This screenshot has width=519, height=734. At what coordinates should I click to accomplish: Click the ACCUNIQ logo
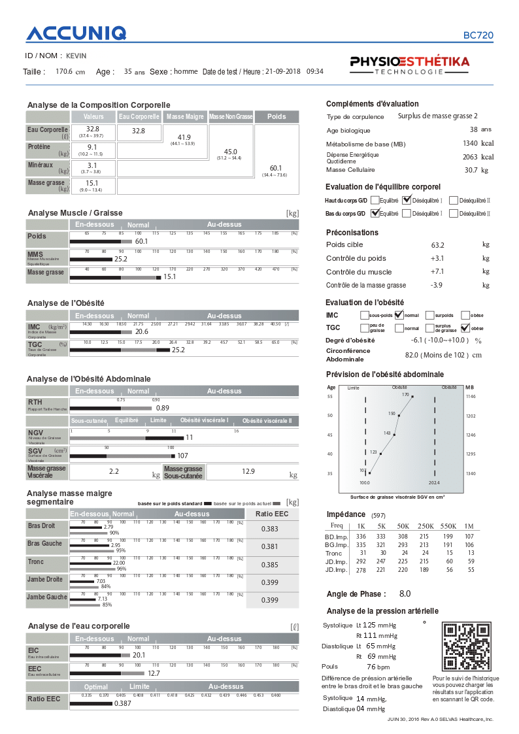76,34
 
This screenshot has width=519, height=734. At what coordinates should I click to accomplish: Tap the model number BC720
478,36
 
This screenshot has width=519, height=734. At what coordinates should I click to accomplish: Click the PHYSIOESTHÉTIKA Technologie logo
410,65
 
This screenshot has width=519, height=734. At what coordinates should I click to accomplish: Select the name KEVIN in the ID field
76,56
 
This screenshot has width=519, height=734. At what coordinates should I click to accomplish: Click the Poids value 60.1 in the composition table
277,168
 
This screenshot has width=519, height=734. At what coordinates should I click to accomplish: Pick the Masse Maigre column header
185,116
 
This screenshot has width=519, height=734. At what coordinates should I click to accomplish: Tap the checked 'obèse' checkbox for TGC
465,328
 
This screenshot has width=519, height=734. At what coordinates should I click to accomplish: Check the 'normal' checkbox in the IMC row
398,315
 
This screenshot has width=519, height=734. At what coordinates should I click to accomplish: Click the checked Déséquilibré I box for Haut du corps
407,200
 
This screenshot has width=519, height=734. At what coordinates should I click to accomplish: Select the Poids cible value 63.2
437,245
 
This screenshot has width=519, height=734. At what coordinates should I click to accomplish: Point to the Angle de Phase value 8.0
405,594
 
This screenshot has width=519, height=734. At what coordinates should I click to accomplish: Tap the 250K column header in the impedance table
426,525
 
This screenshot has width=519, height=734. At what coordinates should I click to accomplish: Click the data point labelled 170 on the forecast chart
412,396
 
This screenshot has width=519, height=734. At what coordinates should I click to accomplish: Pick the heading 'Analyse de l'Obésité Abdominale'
89,379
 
